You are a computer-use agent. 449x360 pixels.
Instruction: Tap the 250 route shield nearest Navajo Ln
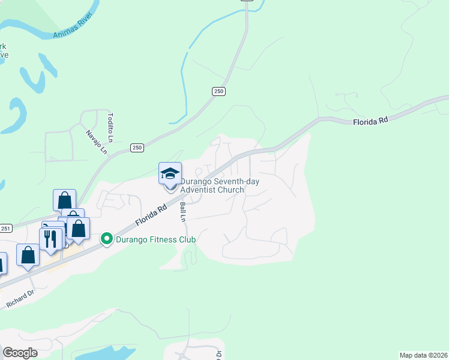point(137,148)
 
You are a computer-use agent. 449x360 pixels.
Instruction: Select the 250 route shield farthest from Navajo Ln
point(218,91)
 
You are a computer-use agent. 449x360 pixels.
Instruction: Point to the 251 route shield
point(6,229)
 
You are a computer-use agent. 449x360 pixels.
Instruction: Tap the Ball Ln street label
point(183,212)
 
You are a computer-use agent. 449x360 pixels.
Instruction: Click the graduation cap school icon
point(170,173)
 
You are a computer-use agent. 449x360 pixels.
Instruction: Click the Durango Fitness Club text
point(156,240)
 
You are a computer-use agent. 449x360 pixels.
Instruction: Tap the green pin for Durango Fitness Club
point(107,239)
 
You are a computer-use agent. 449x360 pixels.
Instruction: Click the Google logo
point(20,353)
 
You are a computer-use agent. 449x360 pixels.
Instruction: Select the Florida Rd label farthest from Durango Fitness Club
point(370,121)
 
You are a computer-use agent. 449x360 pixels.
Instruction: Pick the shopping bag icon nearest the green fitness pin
point(78,228)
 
